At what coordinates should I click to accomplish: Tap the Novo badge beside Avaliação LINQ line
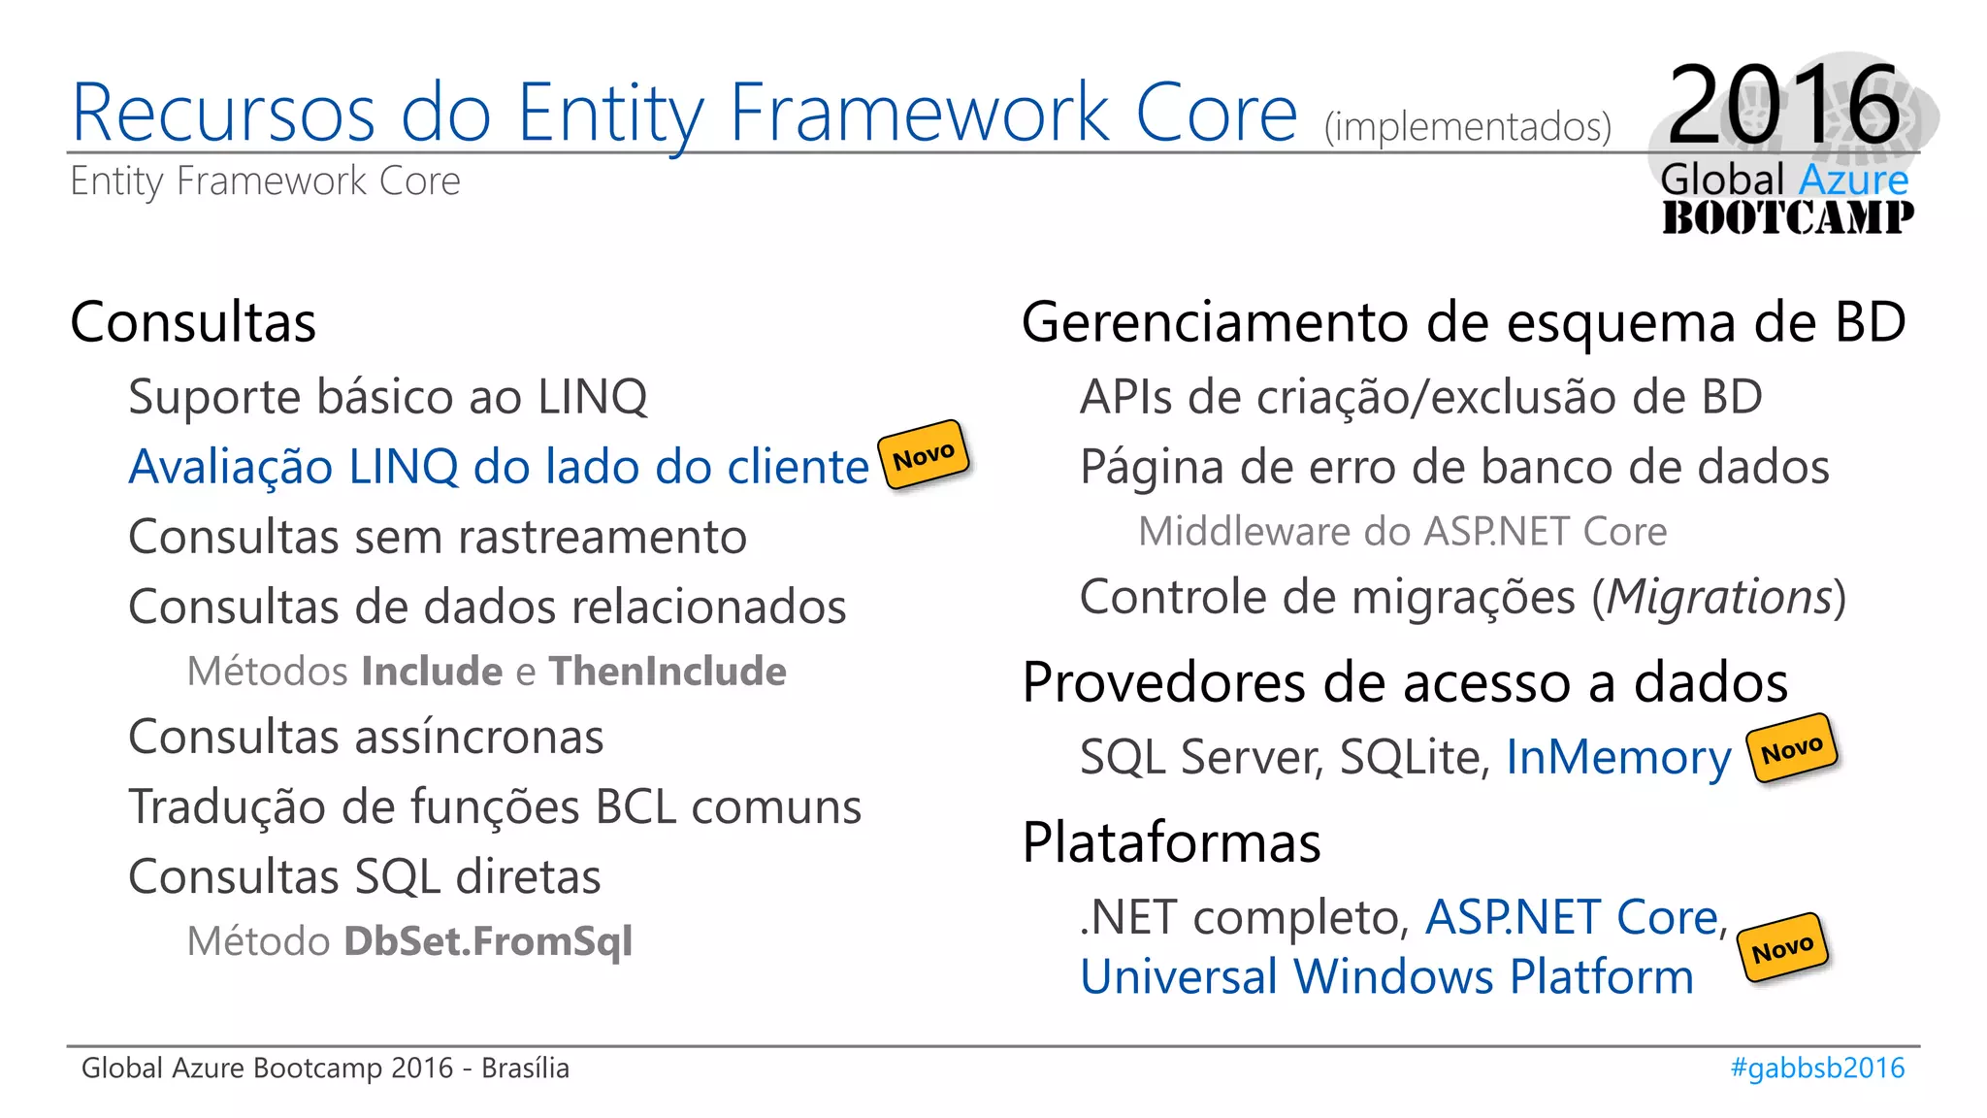click(x=924, y=454)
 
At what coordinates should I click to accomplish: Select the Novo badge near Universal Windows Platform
click(x=1782, y=948)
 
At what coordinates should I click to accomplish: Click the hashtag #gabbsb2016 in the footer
click(x=1817, y=1068)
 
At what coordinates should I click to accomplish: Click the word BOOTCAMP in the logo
click(x=1787, y=217)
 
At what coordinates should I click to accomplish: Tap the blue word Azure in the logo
click(x=1853, y=181)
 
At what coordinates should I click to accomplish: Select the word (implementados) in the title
click(x=1467, y=127)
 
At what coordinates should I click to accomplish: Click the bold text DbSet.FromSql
click(x=488, y=941)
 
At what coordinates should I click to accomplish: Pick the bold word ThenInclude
click(x=668, y=672)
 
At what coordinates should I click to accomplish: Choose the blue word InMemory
click(x=1617, y=758)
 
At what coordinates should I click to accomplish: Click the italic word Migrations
click(x=1718, y=597)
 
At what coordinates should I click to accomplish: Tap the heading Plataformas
click(x=1171, y=842)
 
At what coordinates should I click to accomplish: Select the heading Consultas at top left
click(x=193, y=322)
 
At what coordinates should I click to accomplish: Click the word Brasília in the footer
click(x=525, y=1068)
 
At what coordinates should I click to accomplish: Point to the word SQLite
click(x=1414, y=758)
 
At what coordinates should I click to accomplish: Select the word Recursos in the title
click(x=223, y=113)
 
